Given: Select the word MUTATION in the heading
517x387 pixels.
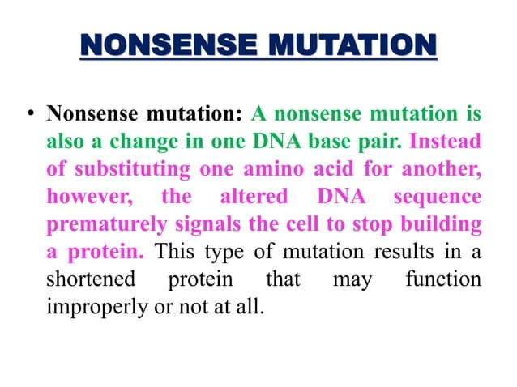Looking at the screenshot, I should pos(350,46).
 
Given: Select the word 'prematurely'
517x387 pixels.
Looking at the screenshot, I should pos(104,223).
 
